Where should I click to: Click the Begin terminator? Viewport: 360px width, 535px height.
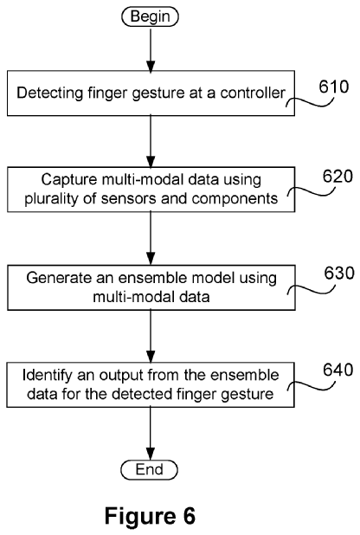coord(150,16)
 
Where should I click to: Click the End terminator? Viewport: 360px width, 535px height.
coord(150,469)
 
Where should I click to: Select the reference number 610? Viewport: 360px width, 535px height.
coord(334,87)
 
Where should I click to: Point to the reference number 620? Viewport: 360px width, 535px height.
coord(337,177)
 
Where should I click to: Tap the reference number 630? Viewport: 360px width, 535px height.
coord(339,274)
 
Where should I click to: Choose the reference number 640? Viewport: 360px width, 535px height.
coord(338,370)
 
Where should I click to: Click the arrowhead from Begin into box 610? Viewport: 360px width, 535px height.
coord(150,67)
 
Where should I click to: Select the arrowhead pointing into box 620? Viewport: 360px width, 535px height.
coord(150,163)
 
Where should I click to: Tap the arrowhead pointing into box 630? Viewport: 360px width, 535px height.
coord(150,260)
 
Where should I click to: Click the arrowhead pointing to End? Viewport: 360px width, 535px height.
coord(150,454)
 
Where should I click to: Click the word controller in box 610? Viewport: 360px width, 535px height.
coord(253,93)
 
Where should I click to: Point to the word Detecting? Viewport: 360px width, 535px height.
coord(50,93)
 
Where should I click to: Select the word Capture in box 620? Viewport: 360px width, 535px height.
coord(69,180)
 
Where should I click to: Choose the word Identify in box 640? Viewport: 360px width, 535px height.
coord(48,375)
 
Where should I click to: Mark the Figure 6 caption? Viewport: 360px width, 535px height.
coord(150,516)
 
